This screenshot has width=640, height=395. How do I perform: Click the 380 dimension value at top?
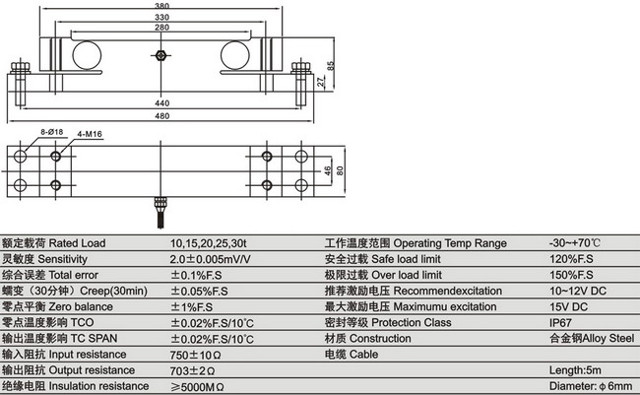click(x=161, y=4)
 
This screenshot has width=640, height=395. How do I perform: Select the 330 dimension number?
click(x=161, y=17)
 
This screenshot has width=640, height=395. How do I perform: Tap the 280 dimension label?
click(x=161, y=29)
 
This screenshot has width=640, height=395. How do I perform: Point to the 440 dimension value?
click(x=161, y=101)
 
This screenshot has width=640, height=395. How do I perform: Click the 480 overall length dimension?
click(x=161, y=114)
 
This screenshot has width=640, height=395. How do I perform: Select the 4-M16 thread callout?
click(x=92, y=137)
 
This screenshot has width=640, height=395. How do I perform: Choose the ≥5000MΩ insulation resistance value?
click(x=198, y=386)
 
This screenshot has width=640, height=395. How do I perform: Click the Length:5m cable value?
click(x=574, y=370)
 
